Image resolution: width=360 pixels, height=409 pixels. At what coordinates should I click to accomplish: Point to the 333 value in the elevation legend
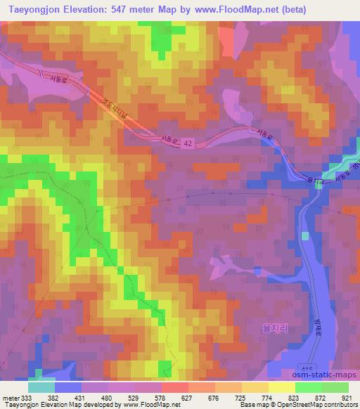27,397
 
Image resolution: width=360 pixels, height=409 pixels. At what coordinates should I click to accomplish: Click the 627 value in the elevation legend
187,397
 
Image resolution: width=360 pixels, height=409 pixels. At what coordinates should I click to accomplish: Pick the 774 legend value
268,397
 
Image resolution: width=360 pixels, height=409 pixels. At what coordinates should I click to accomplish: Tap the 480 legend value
107,397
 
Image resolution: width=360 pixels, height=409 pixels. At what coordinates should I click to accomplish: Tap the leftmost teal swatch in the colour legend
41,387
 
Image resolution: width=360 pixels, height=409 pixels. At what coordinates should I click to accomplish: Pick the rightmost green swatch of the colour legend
335,387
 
